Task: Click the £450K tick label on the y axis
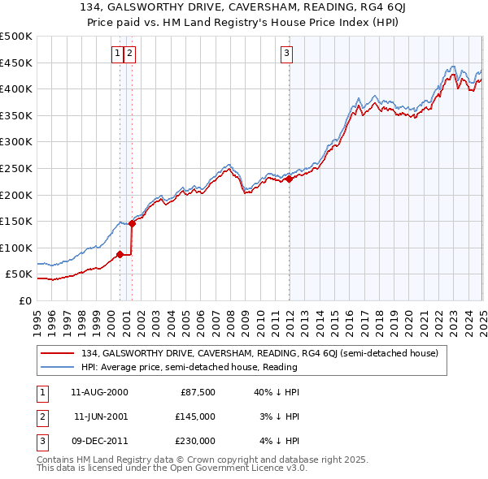point(17,63)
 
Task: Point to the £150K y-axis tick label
point(17,221)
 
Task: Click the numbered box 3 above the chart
point(287,54)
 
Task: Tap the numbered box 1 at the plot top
point(118,54)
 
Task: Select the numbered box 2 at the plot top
point(130,54)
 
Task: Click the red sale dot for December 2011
point(290,179)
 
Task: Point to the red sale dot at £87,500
point(120,254)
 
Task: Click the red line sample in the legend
point(58,353)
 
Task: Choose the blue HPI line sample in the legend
point(58,367)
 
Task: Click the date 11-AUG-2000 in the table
point(99,392)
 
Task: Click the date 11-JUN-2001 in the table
point(100,416)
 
